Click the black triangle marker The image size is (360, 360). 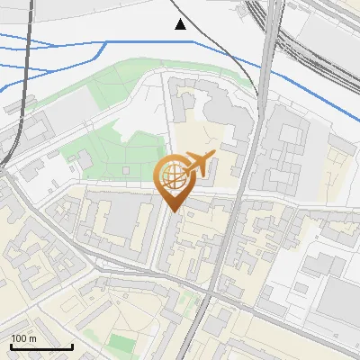coord(181,24)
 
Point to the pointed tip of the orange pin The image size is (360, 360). coord(173,211)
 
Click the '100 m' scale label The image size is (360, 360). coord(24,338)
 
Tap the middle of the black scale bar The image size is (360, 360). coord(41,346)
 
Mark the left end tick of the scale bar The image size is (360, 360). coord(11,346)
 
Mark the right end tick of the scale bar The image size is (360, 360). coord(72,346)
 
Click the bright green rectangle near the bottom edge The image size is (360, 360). coord(121,343)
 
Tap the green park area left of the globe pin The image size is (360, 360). coord(126,148)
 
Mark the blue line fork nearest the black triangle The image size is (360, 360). coord(107,42)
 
